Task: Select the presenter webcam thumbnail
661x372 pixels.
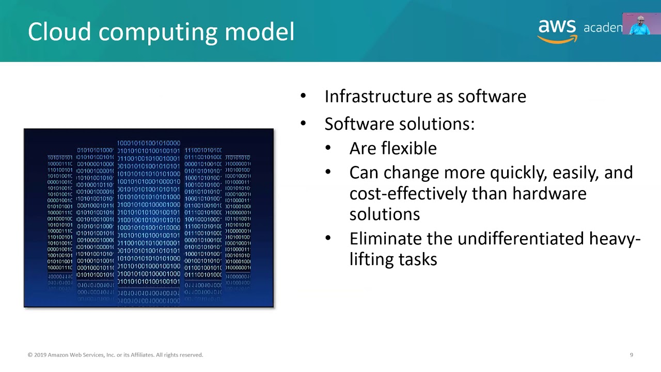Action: (x=641, y=24)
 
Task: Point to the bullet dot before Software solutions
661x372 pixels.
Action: (x=303, y=123)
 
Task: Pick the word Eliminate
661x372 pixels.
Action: (x=385, y=239)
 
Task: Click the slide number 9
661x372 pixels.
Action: (x=631, y=355)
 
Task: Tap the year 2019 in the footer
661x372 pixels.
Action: (x=40, y=355)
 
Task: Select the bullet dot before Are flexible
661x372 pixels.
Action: (x=328, y=148)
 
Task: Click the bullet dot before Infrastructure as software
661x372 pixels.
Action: (x=303, y=96)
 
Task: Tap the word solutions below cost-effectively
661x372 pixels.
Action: (x=384, y=214)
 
